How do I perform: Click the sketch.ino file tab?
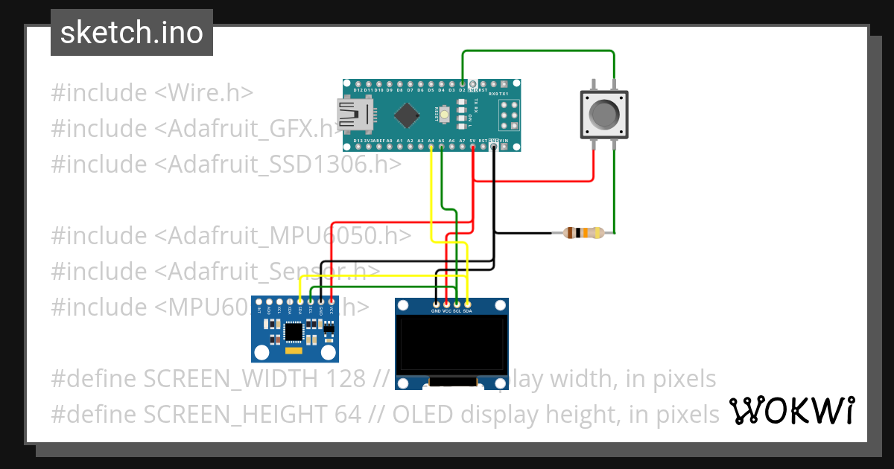pos(132,33)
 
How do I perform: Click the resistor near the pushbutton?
pos(583,233)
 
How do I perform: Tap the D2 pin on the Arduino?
pos(463,83)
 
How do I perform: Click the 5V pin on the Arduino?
pos(473,146)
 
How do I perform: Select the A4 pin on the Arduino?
pos(431,146)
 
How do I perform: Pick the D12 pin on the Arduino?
pos(358,83)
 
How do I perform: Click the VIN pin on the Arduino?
pos(504,146)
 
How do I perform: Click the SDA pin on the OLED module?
pos(467,304)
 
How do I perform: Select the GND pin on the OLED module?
pos(436,304)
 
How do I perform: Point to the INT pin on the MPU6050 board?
pos(259,301)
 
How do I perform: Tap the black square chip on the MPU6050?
pos(295,330)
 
